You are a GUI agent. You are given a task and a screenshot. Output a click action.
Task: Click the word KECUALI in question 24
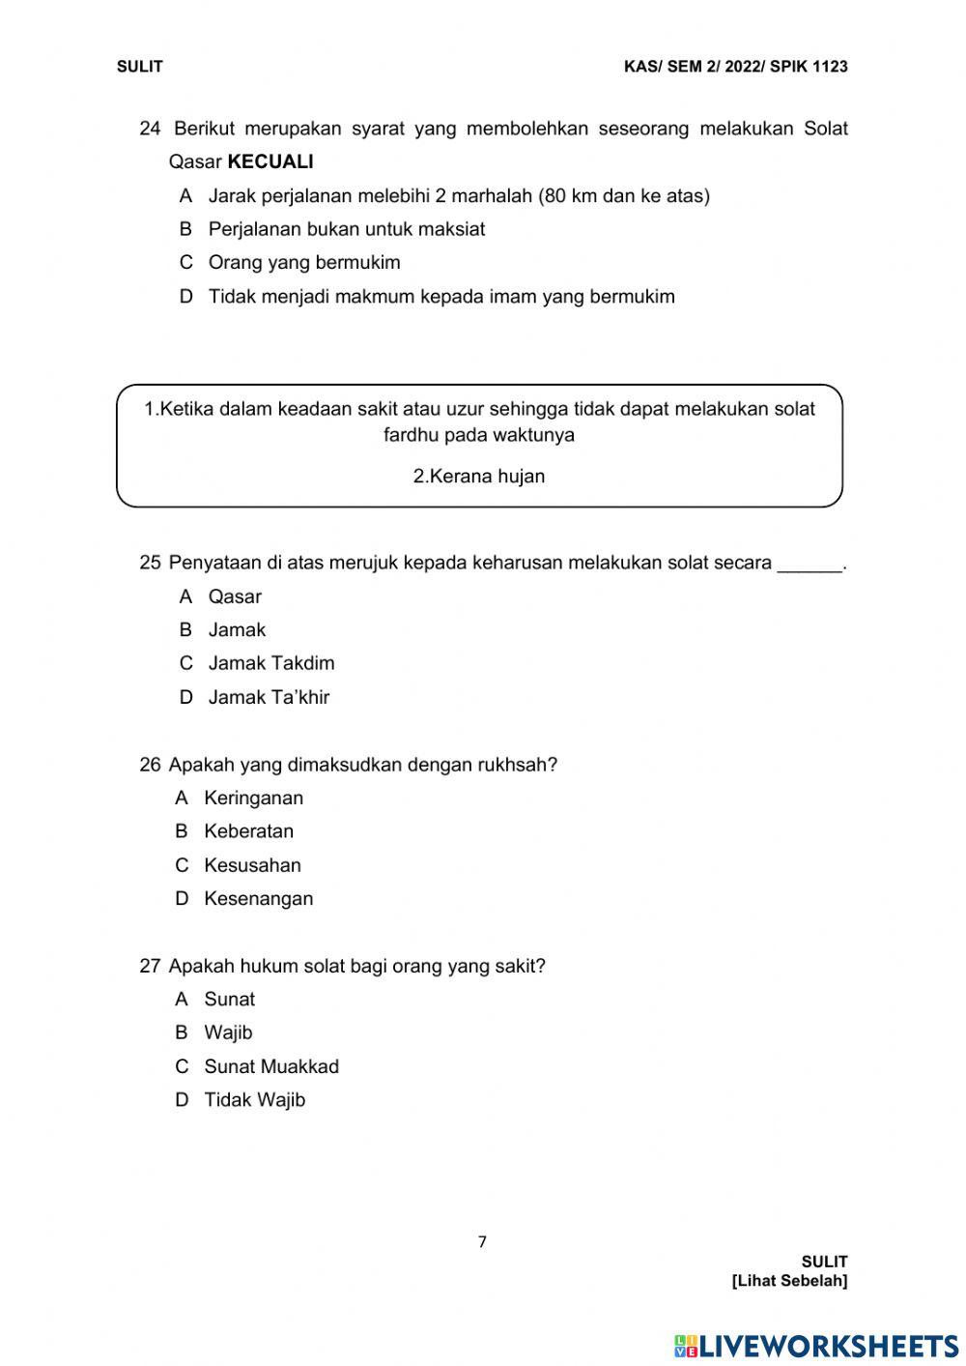tap(270, 161)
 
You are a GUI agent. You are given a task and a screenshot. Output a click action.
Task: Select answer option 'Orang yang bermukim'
tap(303, 263)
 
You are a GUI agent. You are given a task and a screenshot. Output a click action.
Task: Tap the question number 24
tap(150, 129)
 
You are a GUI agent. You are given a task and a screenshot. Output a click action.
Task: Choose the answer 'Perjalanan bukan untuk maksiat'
tap(346, 229)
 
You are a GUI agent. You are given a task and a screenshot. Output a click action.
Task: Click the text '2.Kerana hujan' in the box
tap(479, 477)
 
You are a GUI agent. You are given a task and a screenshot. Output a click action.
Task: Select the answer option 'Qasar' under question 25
tap(235, 596)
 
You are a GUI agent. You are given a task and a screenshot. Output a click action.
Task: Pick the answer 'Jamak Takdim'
tap(271, 663)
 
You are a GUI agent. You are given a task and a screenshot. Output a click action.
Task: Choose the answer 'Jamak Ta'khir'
tap(269, 697)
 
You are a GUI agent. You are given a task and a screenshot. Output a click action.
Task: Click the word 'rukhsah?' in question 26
tap(517, 765)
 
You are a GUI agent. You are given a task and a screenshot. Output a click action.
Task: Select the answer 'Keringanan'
tap(253, 799)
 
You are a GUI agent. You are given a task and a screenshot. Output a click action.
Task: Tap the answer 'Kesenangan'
tap(258, 899)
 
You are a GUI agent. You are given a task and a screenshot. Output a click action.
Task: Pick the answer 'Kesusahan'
tap(252, 865)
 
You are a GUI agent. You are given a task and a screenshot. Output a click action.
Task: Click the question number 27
tap(150, 966)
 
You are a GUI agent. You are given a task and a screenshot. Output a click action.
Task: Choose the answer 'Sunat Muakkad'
tap(271, 1066)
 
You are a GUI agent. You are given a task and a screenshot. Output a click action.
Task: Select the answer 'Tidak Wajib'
tap(254, 1100)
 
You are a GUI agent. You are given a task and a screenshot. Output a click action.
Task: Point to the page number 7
tap(482, 1242)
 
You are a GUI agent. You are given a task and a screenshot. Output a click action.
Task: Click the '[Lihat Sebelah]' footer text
tap(789, 1281)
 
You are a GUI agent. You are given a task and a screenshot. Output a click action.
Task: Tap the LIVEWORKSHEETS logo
tap(815, 1346)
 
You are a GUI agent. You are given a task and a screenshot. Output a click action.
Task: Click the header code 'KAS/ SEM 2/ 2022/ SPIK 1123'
tap(735, 67)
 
